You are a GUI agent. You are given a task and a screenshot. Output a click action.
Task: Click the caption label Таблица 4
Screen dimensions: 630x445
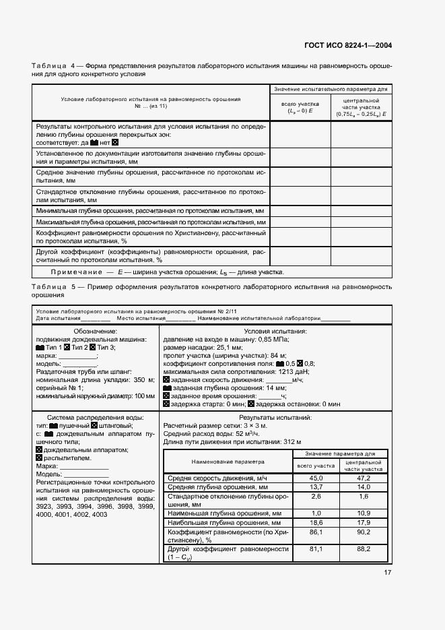(53, 66)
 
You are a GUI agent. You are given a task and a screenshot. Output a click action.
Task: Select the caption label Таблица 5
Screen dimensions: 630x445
(53, 287)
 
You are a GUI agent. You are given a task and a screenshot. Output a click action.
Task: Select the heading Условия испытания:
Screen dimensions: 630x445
(275, 332)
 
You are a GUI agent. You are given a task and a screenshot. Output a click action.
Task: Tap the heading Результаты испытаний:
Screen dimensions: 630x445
(275, 418)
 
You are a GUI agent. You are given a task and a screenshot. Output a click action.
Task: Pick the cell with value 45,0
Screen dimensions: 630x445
(316, 478)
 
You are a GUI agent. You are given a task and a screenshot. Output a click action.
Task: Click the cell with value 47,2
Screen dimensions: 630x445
(364, 478)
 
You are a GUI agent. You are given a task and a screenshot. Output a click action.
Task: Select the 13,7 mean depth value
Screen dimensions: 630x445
(316, 486)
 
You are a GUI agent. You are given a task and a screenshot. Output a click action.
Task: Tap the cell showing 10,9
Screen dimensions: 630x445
(364, 513)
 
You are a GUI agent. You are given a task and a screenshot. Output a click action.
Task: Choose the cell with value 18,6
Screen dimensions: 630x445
(316, 522)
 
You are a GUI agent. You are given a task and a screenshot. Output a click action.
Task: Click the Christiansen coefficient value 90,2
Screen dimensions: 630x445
(364, 532)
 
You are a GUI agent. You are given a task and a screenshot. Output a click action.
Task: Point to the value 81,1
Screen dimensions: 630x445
(316, 550)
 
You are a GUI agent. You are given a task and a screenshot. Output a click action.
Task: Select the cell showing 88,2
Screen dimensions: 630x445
(364, 550)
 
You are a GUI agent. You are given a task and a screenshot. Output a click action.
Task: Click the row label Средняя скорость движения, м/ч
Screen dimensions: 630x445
(218, 478)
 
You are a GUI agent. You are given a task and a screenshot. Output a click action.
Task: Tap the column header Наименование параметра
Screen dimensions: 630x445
(228, 462)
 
